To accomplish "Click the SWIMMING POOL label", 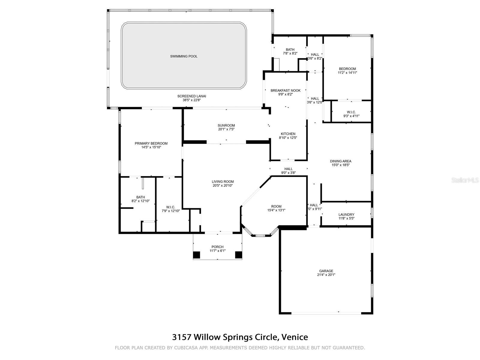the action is [x=184, y=56].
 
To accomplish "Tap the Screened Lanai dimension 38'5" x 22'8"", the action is [x=192, y=100].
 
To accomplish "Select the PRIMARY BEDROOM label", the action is [x=151, y=143].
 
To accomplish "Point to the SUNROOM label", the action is [x=226, y=125].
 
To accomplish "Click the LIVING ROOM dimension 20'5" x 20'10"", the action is [x=223, y=186].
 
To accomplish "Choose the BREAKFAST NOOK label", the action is [x=285, y=91].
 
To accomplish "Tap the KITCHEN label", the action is [x=288, y=134].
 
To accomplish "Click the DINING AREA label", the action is [x=340, y=161].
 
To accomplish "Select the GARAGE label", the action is [x=326, y=271].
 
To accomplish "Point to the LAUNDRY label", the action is [x=346, y=214].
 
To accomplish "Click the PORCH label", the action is [x=217, y=247].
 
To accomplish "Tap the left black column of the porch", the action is [x=196, y=255].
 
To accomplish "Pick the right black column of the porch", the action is [x=238, y=255].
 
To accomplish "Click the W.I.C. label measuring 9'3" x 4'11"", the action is [x=351, y=112].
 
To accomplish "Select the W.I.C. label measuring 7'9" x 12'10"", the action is [x=171, y=207].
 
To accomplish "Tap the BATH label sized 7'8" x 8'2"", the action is [x=290, y=49].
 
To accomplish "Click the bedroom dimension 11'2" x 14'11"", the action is [x=347, y=73].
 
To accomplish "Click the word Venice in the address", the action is [x=295, y=337].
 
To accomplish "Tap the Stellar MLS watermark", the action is [x=465, y=180].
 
